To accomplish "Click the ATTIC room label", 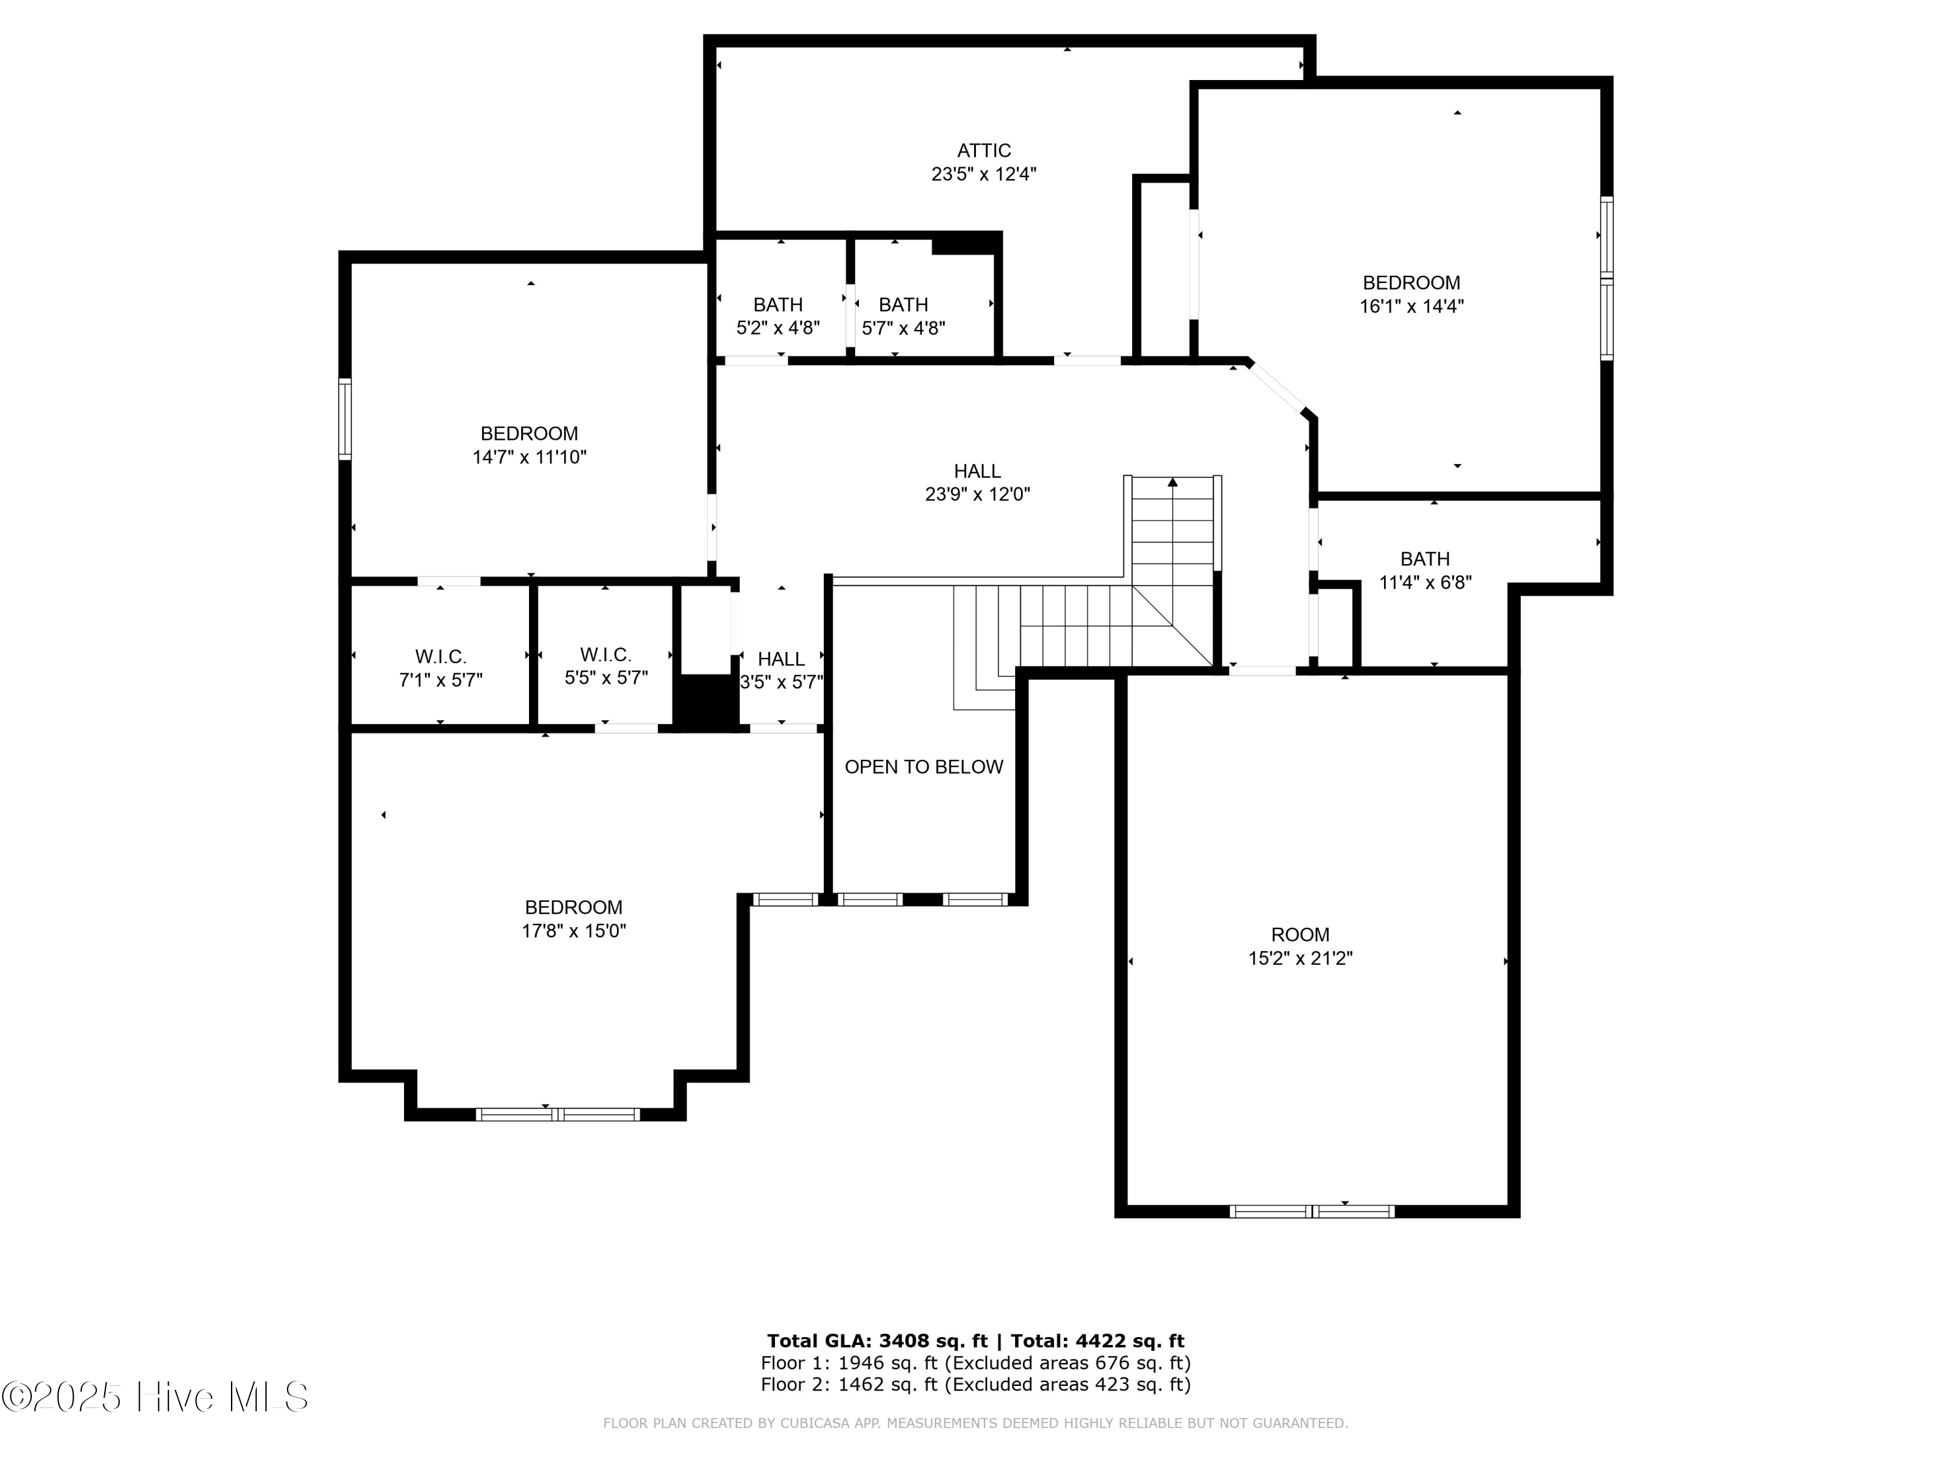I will coord(983,151).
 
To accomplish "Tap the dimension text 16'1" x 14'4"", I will coord(1411,307).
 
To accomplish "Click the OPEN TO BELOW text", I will coord(923,768).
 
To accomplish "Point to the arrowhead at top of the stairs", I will coord(1172,483).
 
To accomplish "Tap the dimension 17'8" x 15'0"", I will coord(574,931).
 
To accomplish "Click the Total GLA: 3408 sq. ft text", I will coord(876,1341).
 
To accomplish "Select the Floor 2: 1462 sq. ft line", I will coord(975,1385).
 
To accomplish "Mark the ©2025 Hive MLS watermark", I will coord(156,1397).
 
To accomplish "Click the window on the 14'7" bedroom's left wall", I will coord(345,419).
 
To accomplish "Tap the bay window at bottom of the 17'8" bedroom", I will coord(558,1115).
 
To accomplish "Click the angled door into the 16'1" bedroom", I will coord(1276,388).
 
